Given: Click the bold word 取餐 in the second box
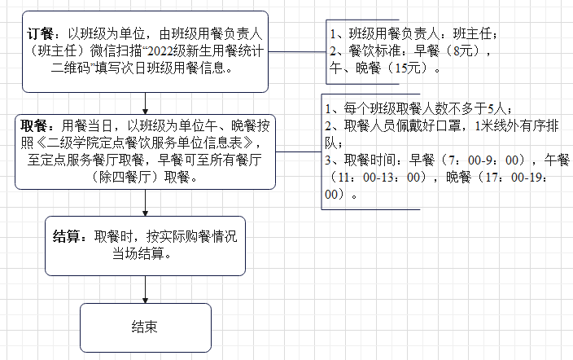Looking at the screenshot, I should pyautogui.click(x=33, y=126).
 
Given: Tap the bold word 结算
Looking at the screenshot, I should pyautogui.click(x=68, y=237).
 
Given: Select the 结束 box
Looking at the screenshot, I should pyautogui.click(x=145, y=327).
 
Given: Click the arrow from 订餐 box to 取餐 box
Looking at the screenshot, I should pyautogui.click(x=145, y=103).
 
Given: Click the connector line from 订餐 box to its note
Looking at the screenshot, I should pyautogui.click(x=296, y=52).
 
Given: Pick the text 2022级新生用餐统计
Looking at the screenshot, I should pyautogui.click(x=173, y=51).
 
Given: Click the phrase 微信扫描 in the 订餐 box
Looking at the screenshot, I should pyautogui.click(x=105, y=51).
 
